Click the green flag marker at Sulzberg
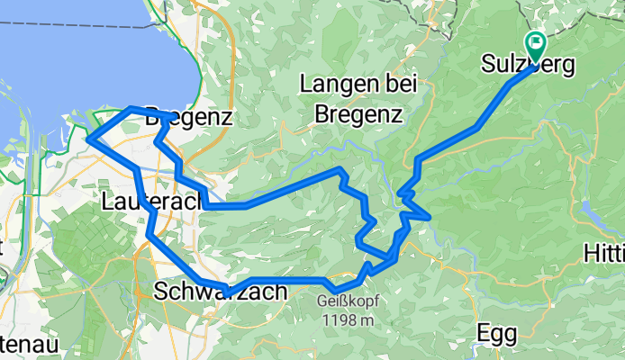[x=537, y=42]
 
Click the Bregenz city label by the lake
[x=189, y=117]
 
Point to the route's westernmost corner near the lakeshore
[x=88, y=139]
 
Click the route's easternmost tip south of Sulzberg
[x=430, y=217]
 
